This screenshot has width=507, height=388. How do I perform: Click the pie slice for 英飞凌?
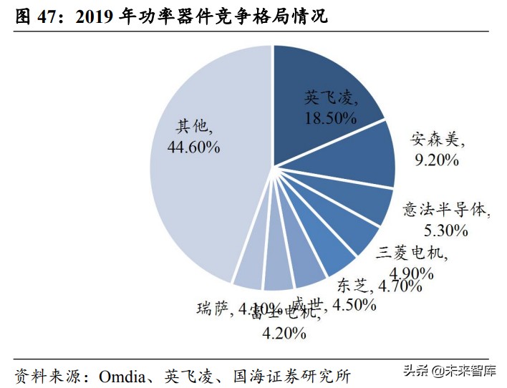coord(322,86)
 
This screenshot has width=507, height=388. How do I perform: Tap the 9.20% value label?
coord(436,160)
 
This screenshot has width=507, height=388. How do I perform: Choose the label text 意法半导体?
coord(445,210)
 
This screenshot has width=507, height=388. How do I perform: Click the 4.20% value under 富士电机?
coord(285,333)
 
